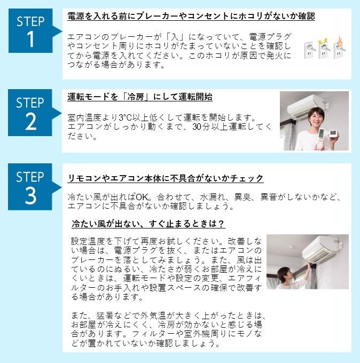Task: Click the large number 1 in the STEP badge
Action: pos(30,39)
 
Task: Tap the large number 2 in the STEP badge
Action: pos(30,121)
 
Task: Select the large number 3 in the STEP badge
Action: pos(30,195)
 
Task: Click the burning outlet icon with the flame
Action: pos(340,47)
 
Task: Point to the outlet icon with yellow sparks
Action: pos(324,48)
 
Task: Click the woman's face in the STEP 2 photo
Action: pos(317,117)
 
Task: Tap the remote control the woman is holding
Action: pos(322,138)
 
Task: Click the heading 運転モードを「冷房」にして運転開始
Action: pos(140,97)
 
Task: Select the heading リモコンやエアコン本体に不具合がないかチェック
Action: pos(166,178)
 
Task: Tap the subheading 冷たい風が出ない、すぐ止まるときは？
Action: pos(148,223)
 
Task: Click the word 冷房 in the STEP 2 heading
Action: pos(136,97)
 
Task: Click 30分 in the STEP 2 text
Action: pos(201,127)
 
